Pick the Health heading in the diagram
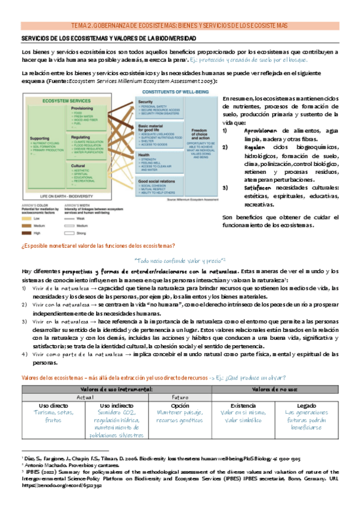pos(145,154)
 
